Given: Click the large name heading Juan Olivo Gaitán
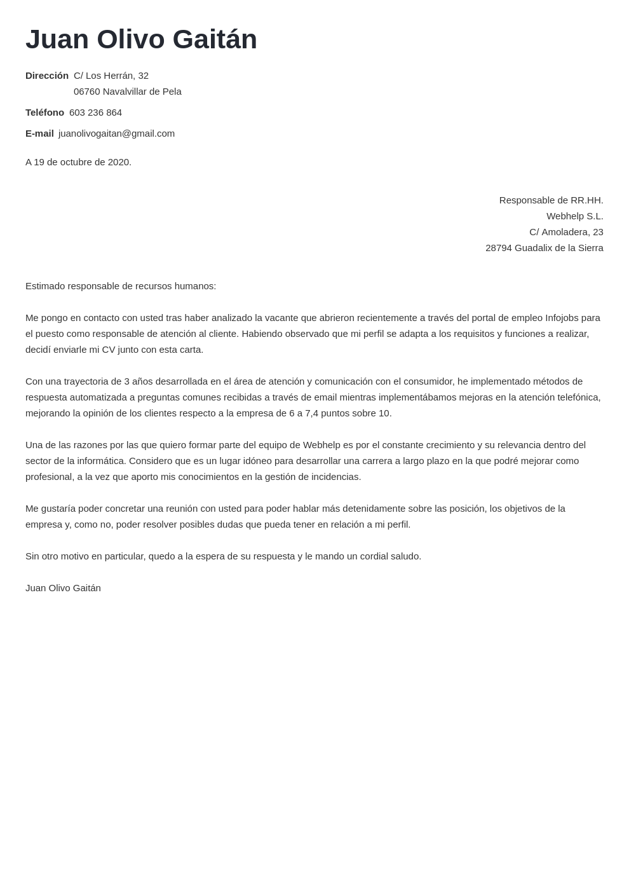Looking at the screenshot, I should point(141,39).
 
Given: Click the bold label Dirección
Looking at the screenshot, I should point(47,76).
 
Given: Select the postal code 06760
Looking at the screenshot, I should point(87,92).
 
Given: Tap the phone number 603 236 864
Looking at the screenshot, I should point(95,113).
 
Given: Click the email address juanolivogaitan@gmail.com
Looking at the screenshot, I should point(116,133).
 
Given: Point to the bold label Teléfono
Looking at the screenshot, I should point(44,113).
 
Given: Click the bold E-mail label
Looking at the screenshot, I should point(39,133).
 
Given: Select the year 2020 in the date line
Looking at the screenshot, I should point(118,162).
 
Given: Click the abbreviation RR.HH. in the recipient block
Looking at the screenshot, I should point(586,200).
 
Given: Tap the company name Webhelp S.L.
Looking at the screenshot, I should point(574,216).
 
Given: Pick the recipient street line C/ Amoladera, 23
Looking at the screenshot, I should point(566,232).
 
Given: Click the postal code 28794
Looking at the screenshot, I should point(499,248).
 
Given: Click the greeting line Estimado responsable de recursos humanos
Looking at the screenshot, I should point(121,286).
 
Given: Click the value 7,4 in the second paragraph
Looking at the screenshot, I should point(313,413).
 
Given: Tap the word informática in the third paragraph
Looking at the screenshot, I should point(100,461).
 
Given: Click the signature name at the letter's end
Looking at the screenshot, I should point(63,588).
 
